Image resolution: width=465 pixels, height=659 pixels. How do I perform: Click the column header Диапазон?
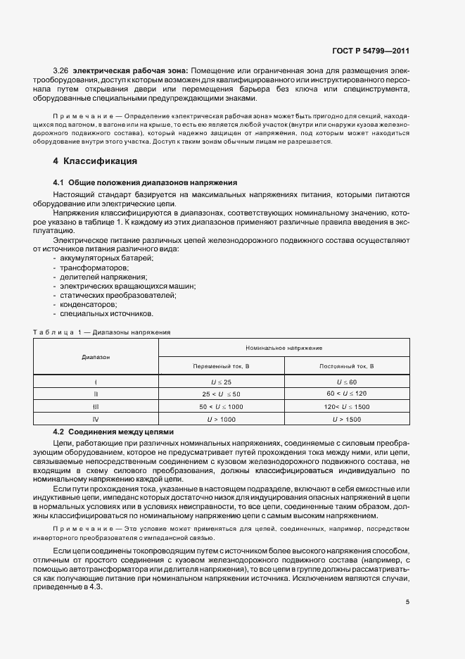tap(96, 357)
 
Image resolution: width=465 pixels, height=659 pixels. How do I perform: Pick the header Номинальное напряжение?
tap(284, 348)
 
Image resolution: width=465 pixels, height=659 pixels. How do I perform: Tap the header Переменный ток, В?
tap(222, 366)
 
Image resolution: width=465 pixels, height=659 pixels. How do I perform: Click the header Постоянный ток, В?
tap(347, 366)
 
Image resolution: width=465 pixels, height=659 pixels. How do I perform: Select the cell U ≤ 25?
tap(222, 382)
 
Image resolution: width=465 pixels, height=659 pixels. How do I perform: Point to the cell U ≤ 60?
tap(347, 382)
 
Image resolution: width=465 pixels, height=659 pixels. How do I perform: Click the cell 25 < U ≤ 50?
tap(222, 394)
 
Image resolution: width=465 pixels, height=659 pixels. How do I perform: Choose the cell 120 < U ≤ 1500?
tap(347, 407)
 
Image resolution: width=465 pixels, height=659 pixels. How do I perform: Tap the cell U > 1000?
tap(222, 420)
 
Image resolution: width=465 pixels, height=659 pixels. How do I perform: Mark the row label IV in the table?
tap(96, 420)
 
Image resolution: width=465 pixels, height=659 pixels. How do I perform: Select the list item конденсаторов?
tap(88, 304)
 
